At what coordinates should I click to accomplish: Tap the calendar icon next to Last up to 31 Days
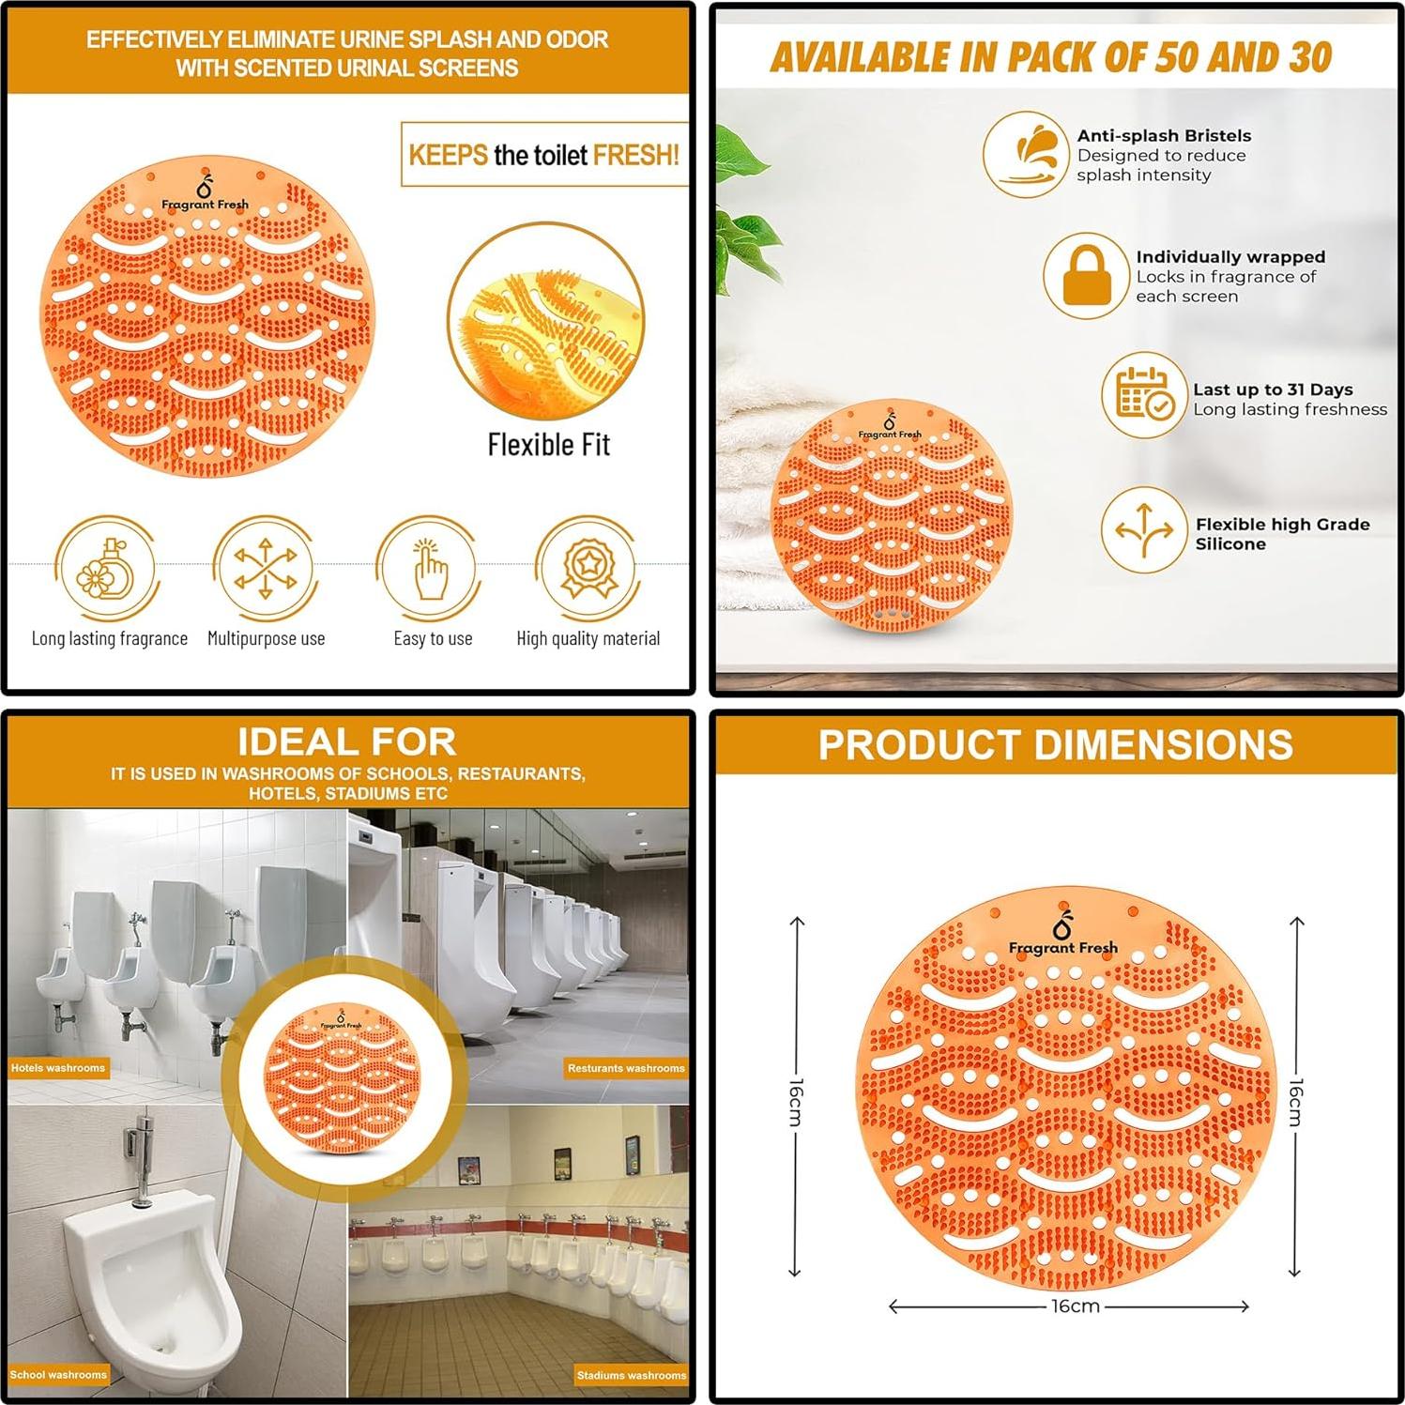point(1143,395)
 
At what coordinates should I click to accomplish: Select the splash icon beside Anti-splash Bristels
point(1026,155)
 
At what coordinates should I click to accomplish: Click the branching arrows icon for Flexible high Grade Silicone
point(1143,530)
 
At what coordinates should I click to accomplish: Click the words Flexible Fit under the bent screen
point(548,445)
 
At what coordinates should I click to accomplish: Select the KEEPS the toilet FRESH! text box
point(543,155)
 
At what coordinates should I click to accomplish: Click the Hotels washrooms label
point(58,1068)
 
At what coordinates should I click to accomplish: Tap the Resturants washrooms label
point(626,1068)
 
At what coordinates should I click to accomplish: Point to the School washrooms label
point(58,1375)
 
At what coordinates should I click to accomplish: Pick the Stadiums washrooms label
point(631,1375)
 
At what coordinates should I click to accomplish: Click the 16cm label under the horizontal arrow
point(1075,1306)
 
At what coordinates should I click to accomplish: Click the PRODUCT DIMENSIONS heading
point(1055,745)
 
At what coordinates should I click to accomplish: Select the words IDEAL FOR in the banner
point(347,742)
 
